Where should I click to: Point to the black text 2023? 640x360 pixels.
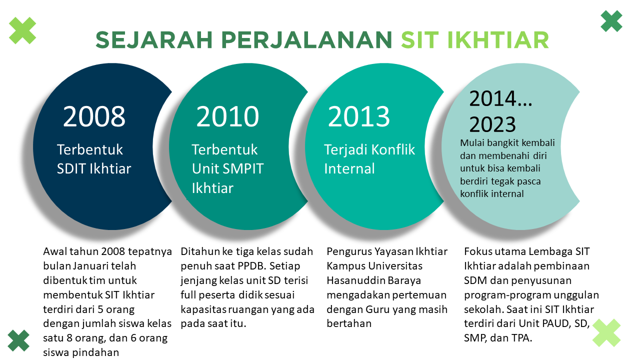492,124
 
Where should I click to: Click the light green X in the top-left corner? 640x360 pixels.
22,30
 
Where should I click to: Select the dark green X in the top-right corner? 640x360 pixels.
611,21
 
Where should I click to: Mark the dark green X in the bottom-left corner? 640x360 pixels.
18,340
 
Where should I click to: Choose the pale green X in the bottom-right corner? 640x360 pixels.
606,333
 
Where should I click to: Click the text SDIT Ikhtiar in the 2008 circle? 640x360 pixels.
94,168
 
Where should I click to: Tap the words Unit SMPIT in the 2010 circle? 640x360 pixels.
227,168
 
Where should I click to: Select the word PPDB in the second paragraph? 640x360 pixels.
239,265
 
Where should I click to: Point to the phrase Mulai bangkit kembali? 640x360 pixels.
507,143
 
